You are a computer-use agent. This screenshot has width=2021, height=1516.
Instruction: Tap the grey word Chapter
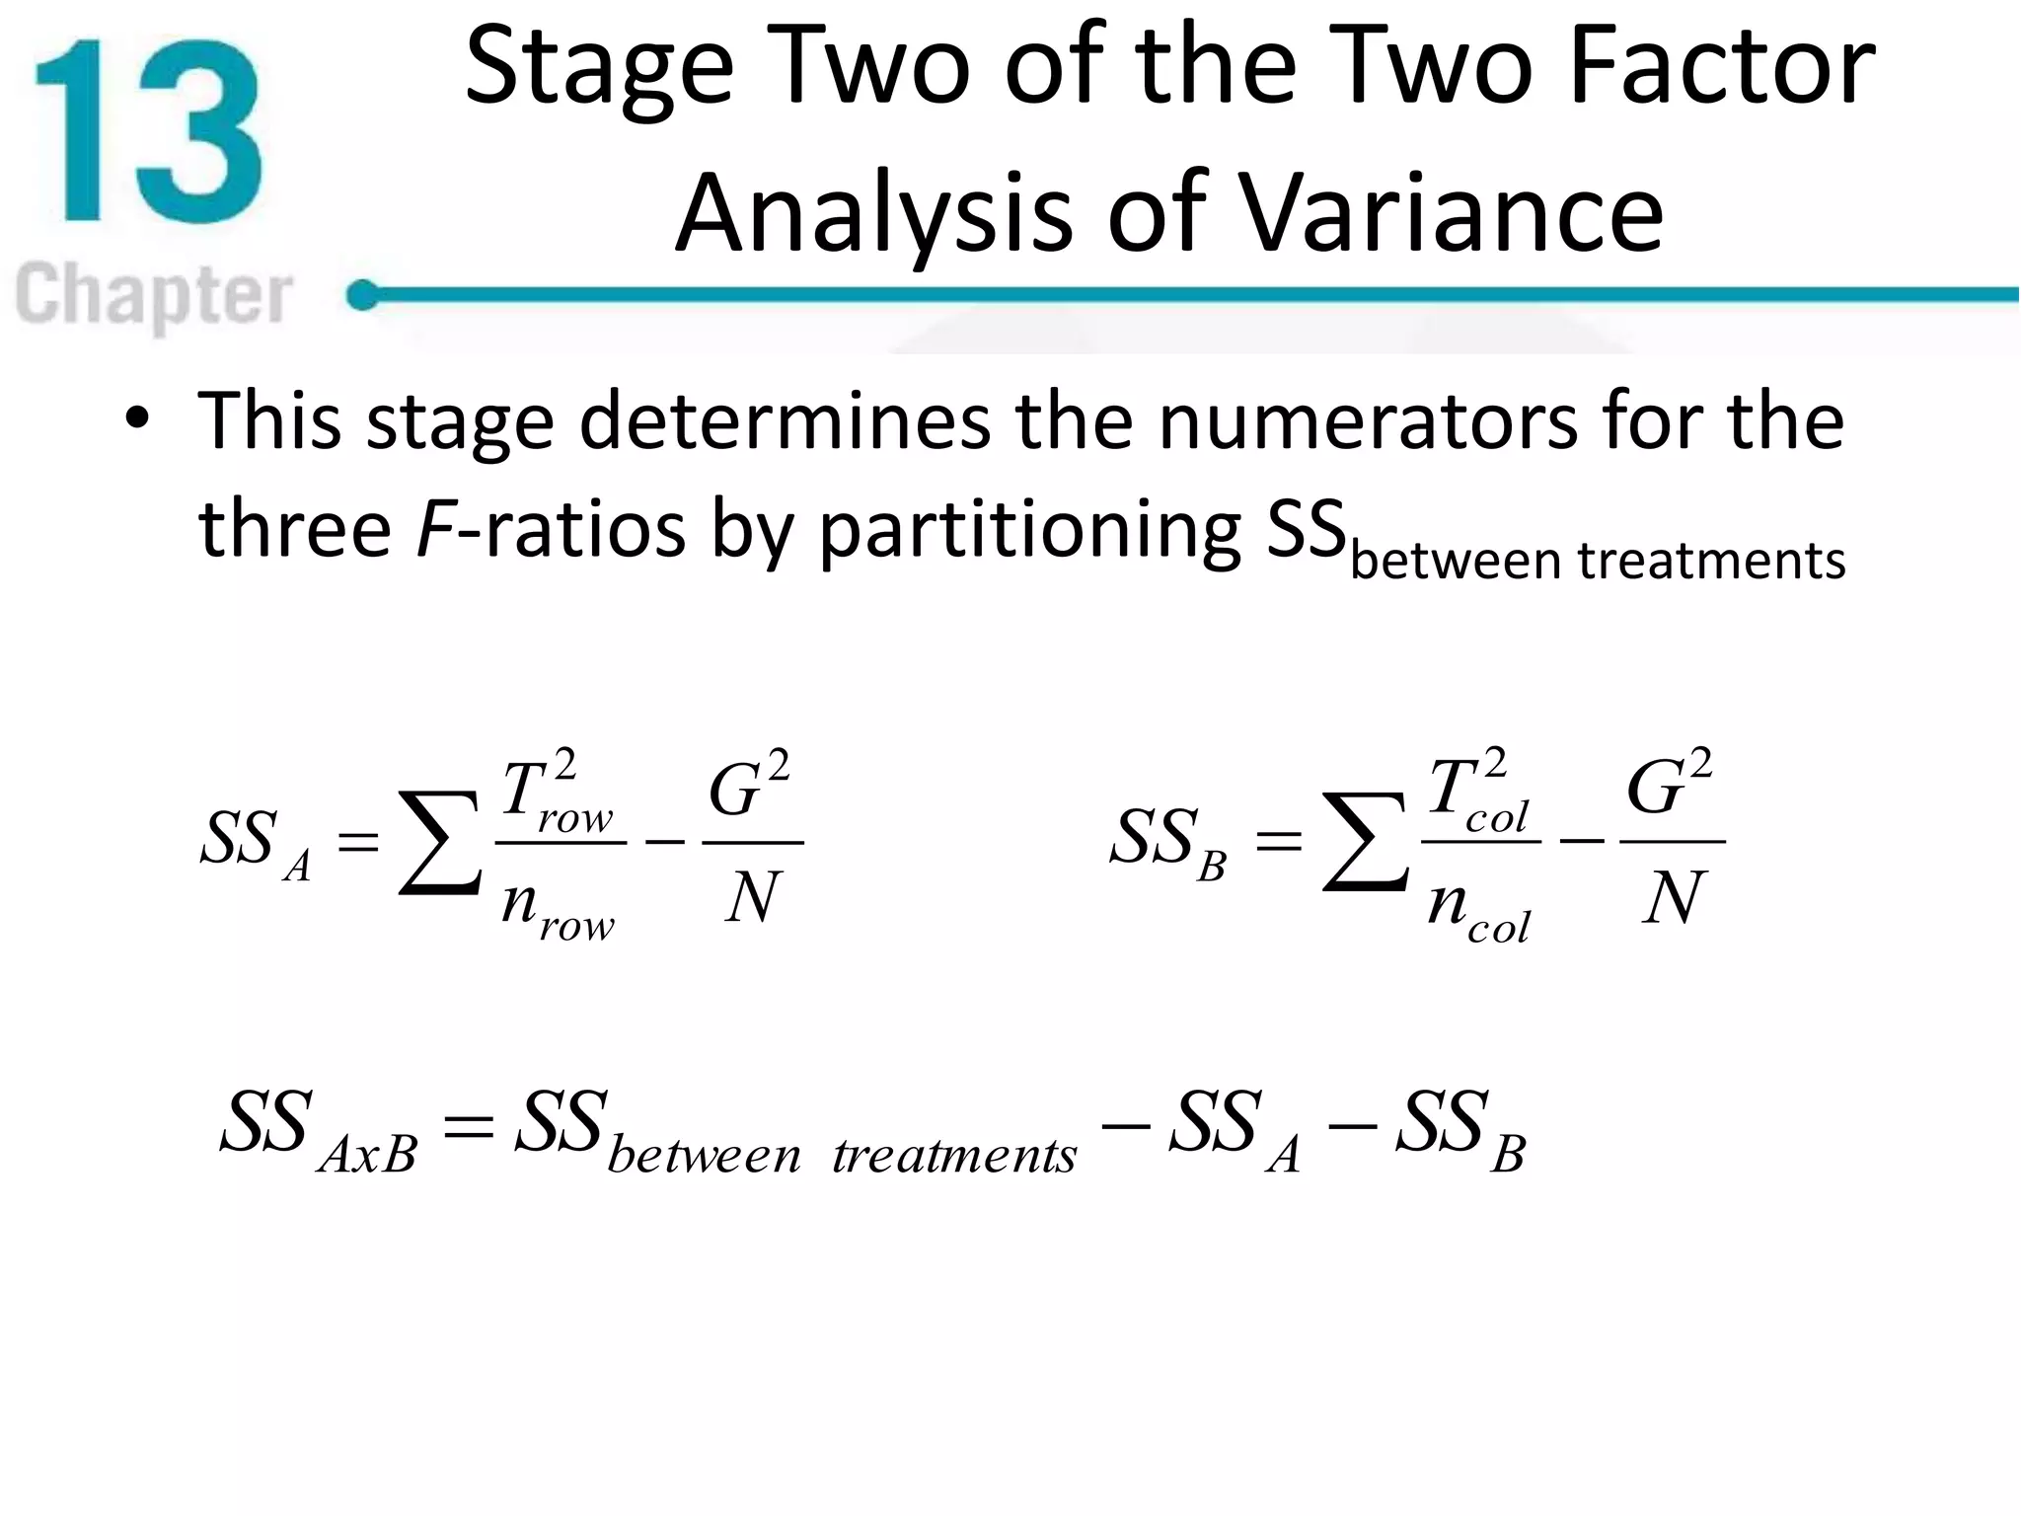pos(154,294)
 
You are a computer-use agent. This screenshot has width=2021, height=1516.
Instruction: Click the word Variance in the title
pos(1451,213)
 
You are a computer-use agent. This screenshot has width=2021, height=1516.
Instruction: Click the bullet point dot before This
pos(137,418)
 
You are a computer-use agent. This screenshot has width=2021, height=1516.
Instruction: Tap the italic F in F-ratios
pos(434,528)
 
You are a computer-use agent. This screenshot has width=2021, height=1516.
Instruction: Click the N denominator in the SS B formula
pos(1674,898)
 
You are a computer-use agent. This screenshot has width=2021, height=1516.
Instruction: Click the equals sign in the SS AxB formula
pos(468,1125)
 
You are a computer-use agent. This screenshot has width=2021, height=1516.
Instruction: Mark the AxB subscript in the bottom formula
pos(368,1153)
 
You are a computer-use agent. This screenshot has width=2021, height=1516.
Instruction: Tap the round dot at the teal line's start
pos(363,294)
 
